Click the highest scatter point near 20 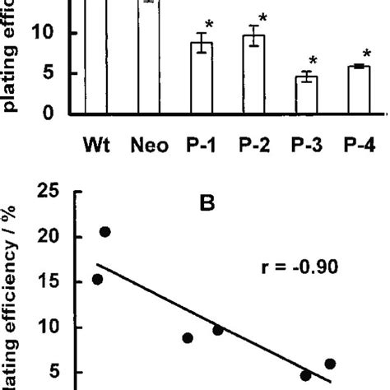pos(105,232)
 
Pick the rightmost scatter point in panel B pos(330,364)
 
